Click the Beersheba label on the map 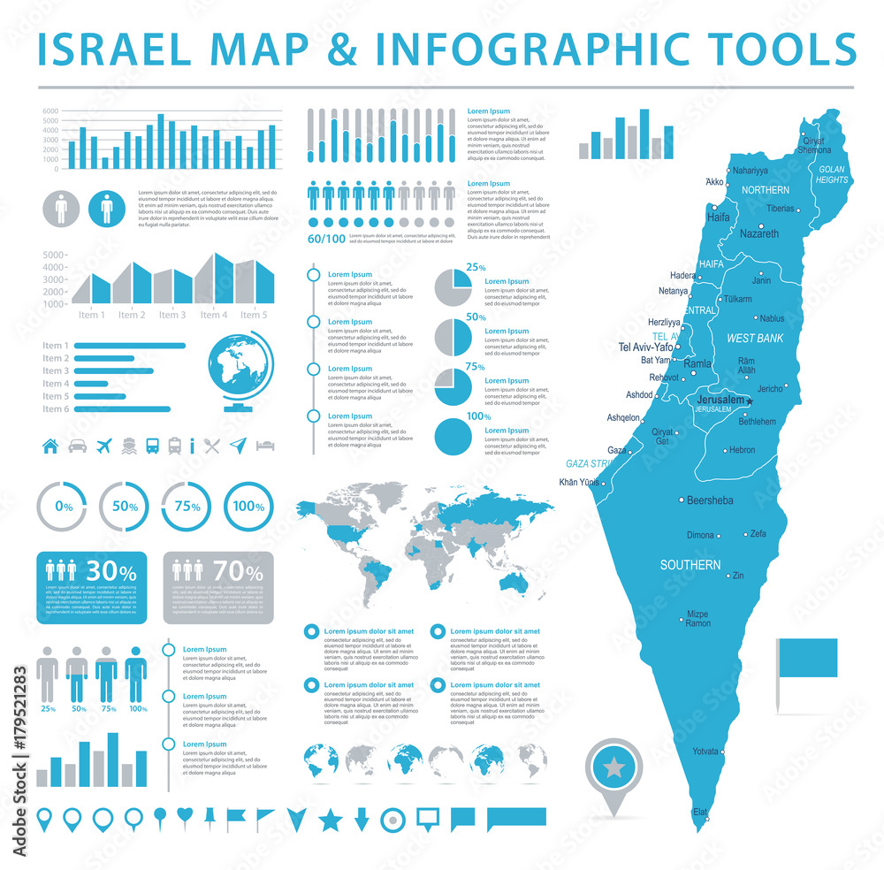710,500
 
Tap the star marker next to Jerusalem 750,401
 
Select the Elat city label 701,811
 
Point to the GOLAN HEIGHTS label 833,174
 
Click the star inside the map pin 616,767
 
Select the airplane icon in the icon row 103,445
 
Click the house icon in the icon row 50,445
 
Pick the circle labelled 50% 124,507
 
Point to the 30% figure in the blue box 115,572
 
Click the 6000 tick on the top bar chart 50,111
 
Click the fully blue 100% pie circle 457,433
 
